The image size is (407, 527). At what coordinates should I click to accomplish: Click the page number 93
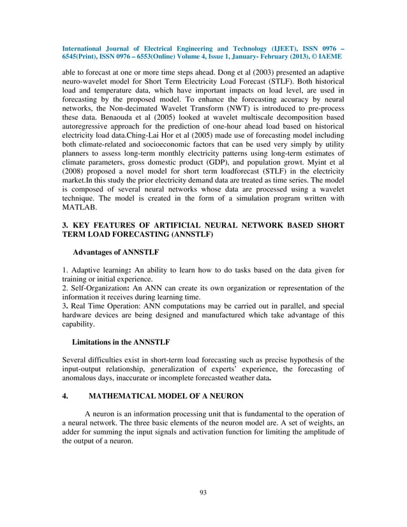point(203,491)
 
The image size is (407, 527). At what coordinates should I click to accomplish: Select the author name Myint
point(324,163)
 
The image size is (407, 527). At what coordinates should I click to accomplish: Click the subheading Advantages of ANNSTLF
point(116,253)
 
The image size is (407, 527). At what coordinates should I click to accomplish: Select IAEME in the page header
point(328,56)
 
